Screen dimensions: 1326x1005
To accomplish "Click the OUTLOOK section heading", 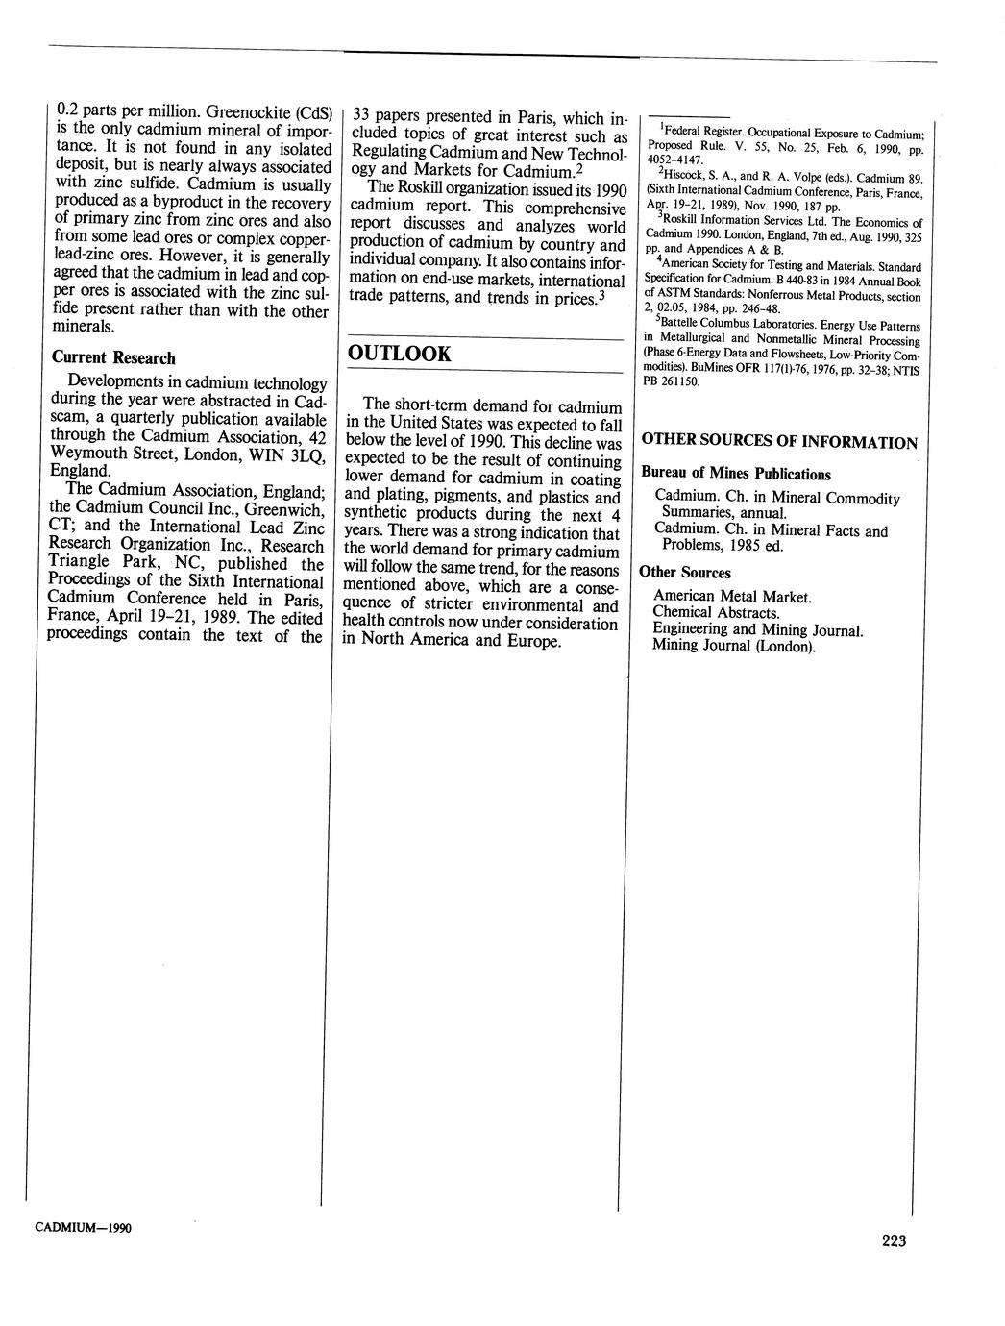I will tap(399, 354).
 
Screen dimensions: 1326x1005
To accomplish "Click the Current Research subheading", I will tap(113, 357).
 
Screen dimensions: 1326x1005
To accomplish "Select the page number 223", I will tap(894, 1240).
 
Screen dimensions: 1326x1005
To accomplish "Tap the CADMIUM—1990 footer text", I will tap(83, 1228).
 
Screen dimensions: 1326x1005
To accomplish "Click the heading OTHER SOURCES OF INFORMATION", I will tap(779, 442).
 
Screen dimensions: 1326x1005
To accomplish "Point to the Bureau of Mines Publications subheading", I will tap(736, 474).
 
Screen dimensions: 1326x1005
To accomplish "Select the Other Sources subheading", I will tap(685, 573).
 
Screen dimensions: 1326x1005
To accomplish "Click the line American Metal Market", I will tap(732, 597).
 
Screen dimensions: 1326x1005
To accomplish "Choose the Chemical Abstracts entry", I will tap(716, 612).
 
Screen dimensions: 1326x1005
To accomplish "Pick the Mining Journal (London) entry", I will tap(733, 646).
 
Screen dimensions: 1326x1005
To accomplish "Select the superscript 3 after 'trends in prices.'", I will tap(601, 294).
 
